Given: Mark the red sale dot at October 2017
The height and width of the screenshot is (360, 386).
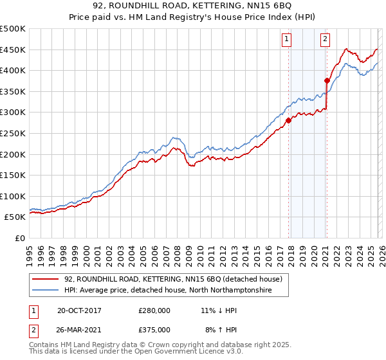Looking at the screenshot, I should click(x=289, y=120).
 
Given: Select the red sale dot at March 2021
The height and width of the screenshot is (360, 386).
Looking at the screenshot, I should click(x=327, y=80).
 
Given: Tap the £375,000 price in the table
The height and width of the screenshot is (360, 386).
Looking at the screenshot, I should click(x=154, y=329).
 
